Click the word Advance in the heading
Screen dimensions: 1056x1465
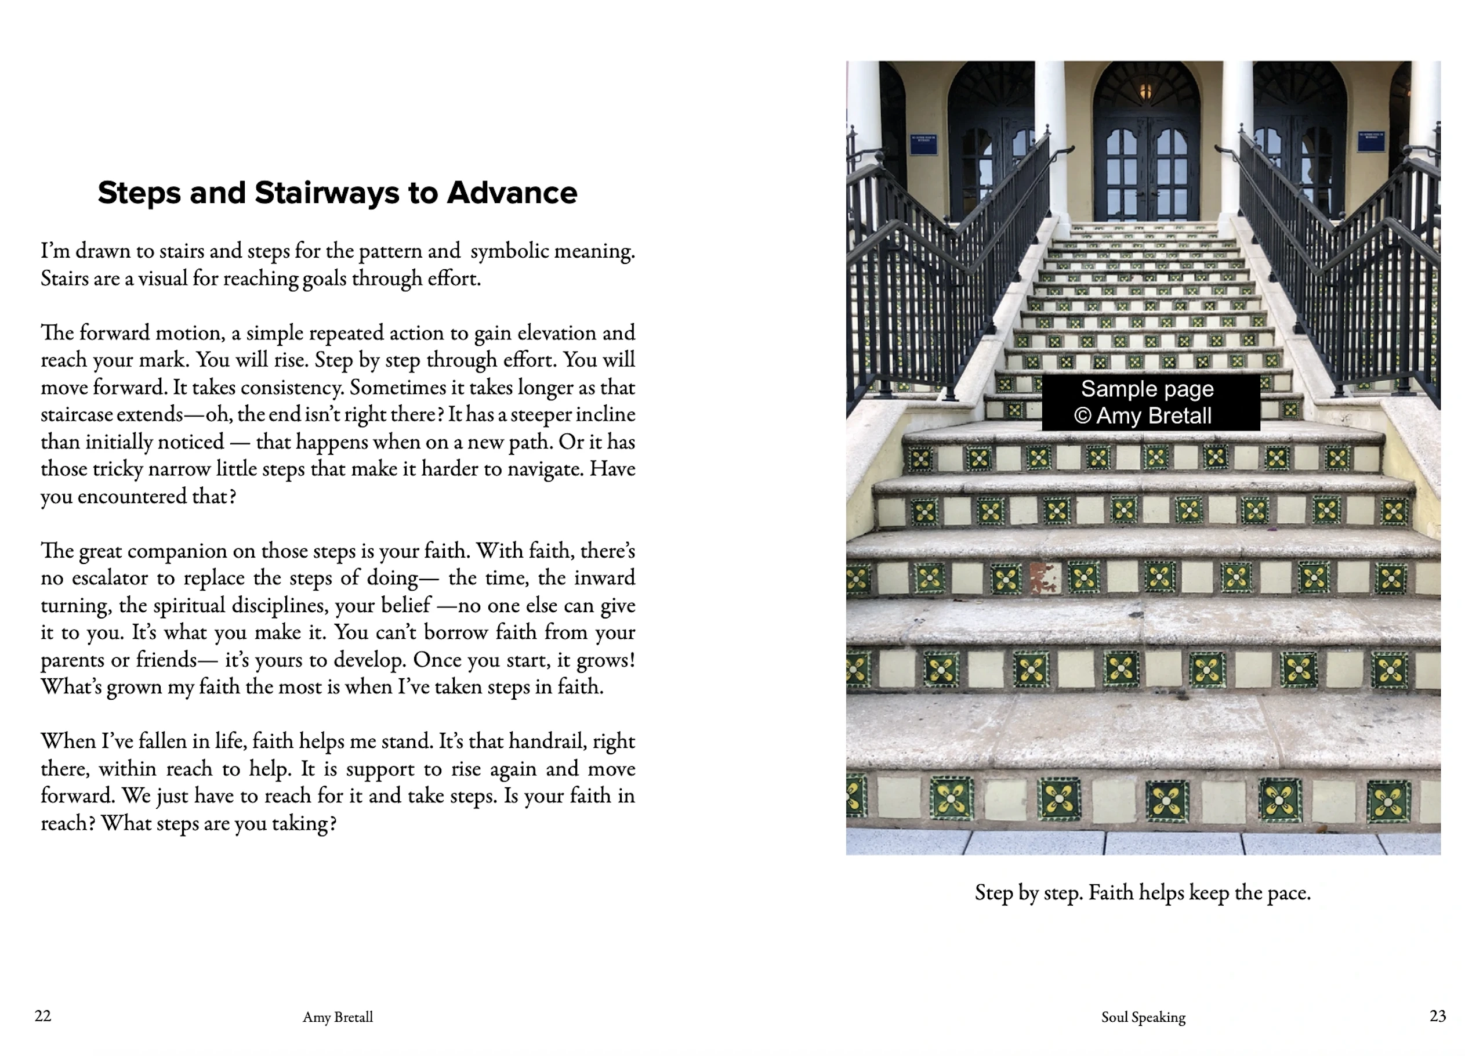pos(512,193)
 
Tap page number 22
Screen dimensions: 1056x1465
pos(43,1016)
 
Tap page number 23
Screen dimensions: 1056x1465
pos(1437,1016)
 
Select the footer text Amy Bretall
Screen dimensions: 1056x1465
pos(338,1017)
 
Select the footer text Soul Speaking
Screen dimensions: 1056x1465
pos(1143,1017)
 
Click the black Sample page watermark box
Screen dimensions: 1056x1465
pos(1151,402)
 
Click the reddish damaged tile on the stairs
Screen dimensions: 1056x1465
pos(1042,578)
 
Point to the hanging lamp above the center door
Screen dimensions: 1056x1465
pos(1145,90)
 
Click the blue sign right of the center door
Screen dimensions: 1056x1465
pos(1370,141)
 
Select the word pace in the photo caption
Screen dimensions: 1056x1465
pos(1288,893)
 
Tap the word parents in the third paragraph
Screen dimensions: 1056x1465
pos(69,660)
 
